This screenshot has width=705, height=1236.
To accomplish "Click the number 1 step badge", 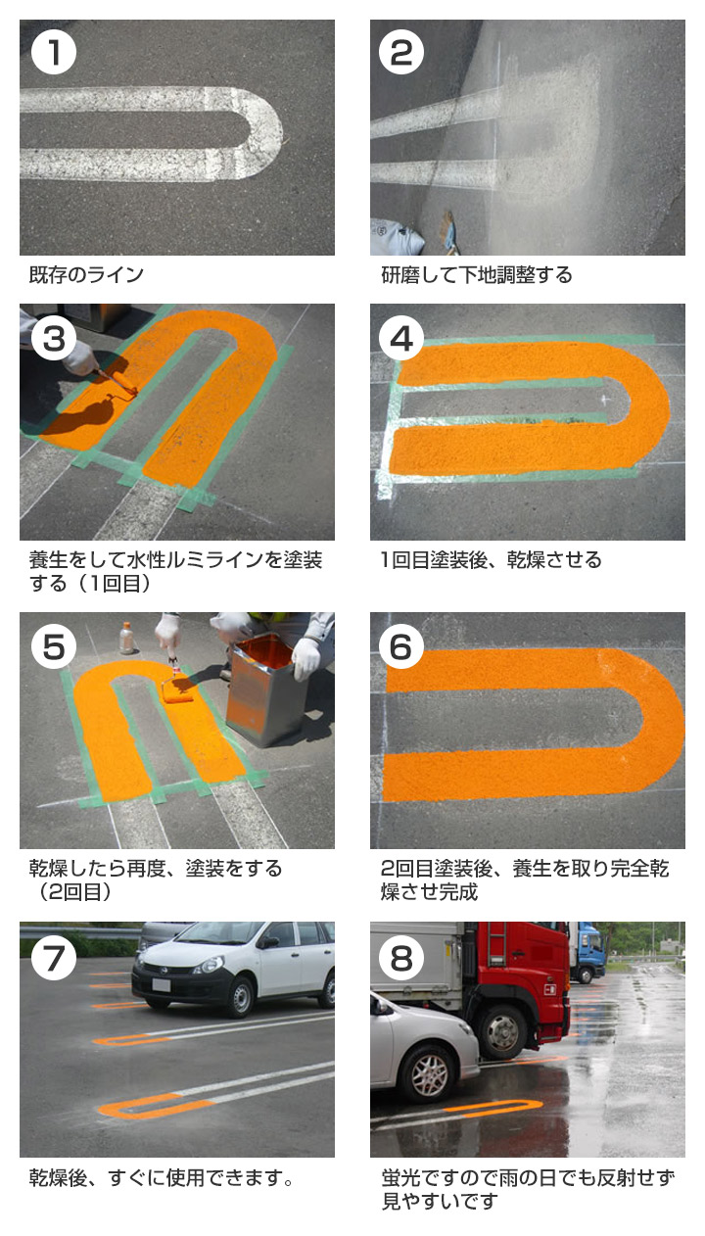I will [x=54, y=53].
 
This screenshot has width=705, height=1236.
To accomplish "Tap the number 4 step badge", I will [x=401, y=338].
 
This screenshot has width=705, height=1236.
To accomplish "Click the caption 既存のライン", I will [x=86, y=275].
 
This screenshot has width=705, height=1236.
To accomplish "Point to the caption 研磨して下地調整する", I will [x=477, y=275].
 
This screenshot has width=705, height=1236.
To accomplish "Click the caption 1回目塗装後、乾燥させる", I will [x=492, y=560].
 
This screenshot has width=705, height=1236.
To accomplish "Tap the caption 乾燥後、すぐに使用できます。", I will [x=162, y=1177].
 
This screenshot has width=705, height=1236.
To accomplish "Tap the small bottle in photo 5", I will [x=126, y=638].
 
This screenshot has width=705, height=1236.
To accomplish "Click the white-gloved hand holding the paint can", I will [x=305, y=658].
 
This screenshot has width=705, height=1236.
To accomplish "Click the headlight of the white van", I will [x=208, y=966].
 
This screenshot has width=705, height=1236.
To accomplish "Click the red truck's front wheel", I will [x=504, y=1030].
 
